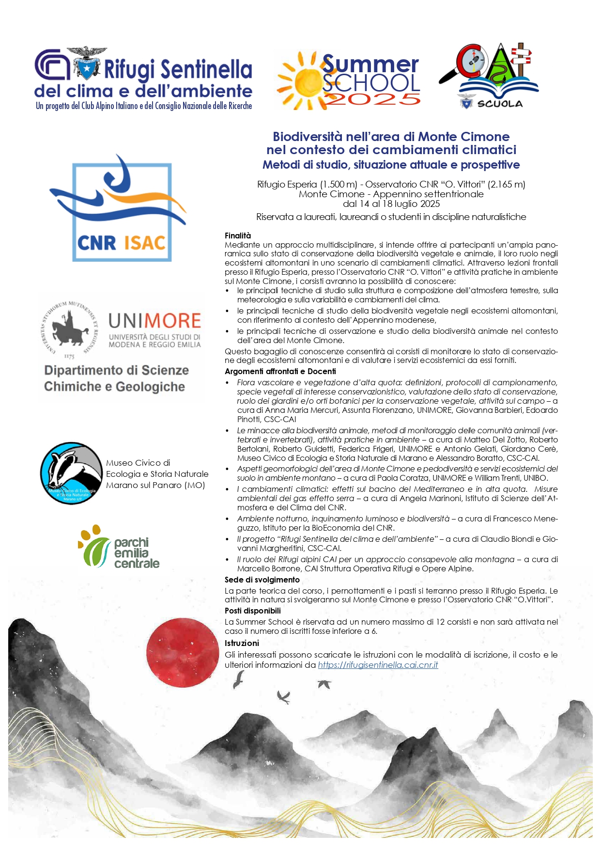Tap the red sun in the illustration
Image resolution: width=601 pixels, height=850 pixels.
click(x=183, y=653)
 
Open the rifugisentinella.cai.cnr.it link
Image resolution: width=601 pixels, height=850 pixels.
click(x=378, y=665)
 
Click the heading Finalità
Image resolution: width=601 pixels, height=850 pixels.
click(x=238, y=236)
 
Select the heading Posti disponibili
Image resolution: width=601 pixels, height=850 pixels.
click(x=252, y=611)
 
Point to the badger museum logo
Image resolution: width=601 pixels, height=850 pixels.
click(x=71, y=473)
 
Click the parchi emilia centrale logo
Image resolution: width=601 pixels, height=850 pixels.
click(x=119, y=547)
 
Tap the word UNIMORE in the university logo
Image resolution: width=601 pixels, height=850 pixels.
click(x=154, y=321)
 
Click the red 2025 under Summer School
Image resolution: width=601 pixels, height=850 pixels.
click(x=371, y=99)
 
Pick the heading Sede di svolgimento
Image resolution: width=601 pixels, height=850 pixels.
click(x=262, y=580)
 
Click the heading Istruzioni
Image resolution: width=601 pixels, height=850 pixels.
click(x=242, y=643)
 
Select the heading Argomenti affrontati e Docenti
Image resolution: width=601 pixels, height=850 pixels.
click(x=280, y=371)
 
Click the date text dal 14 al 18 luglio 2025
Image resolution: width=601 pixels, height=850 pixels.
click(x=391, y=204)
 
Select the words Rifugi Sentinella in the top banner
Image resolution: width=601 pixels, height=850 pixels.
click(x=178, y=69)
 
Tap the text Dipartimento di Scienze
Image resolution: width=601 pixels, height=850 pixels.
click(x=116, y=370)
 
